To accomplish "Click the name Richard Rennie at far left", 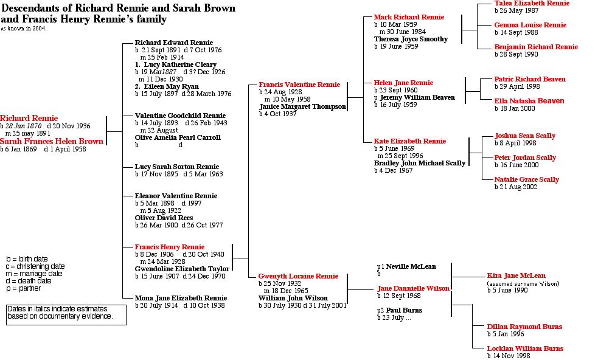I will (29, 119).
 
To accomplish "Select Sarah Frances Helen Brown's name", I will (52, 142).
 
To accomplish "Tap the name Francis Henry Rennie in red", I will (169, 247).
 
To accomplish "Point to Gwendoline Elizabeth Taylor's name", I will (182, 269).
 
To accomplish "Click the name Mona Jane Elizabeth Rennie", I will (181, 298).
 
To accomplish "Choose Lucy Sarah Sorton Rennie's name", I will (176, 167).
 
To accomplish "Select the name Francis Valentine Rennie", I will (299, 85).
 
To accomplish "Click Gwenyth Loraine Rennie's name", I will (298, 276).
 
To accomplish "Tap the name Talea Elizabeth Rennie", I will (532, 4).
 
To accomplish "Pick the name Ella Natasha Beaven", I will (529, 101).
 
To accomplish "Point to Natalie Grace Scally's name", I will (526, 179).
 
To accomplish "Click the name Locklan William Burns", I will (525, 349).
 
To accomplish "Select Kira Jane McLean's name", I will (516, 276).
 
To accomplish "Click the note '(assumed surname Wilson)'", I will (523, 284).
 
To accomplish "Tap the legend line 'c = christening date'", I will (37, 266).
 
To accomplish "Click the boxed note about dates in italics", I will (66, 313).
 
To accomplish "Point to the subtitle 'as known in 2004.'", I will (24, 29).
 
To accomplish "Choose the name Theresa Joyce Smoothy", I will (411, 39).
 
